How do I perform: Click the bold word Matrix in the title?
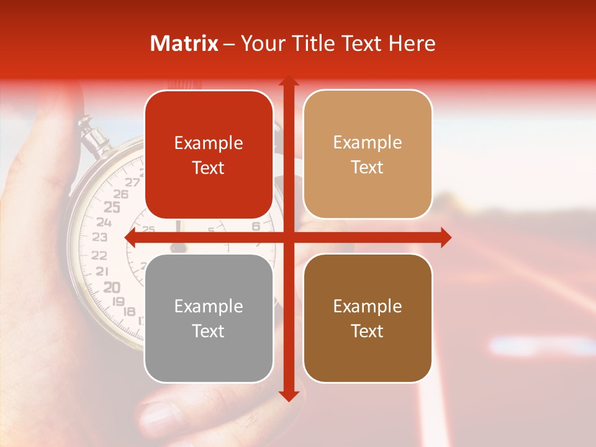184,43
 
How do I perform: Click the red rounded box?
209,155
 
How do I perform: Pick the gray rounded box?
209,318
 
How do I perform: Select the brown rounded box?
368,318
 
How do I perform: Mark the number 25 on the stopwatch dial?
112,207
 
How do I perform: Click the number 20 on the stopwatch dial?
112,287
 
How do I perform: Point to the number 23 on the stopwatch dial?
99,237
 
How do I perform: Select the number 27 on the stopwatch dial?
132,183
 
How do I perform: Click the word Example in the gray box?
209,306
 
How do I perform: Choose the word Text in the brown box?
368,331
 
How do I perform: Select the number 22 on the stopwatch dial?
99,255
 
